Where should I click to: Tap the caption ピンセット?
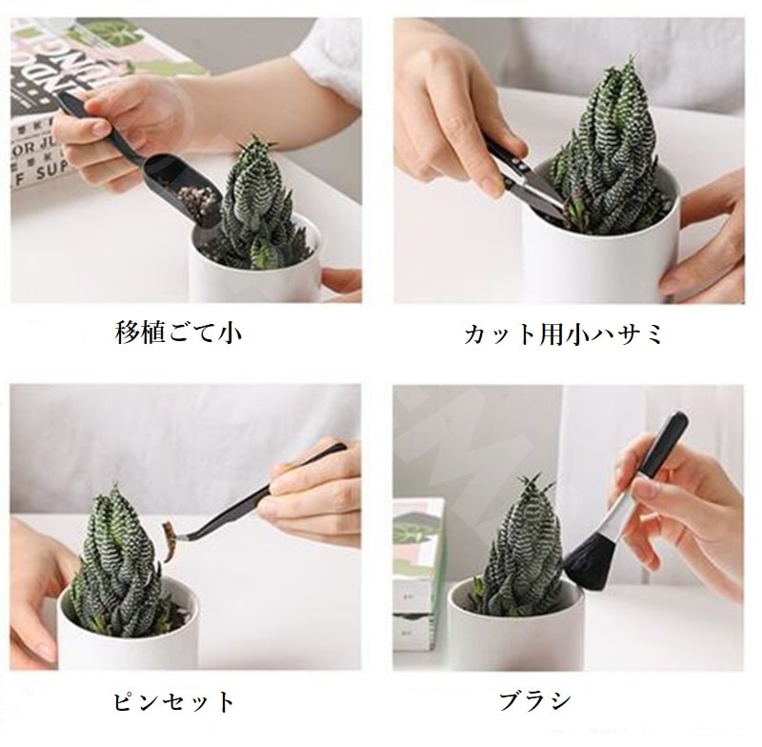(x=173, y=702)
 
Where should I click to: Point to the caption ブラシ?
(x=535, y=702)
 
